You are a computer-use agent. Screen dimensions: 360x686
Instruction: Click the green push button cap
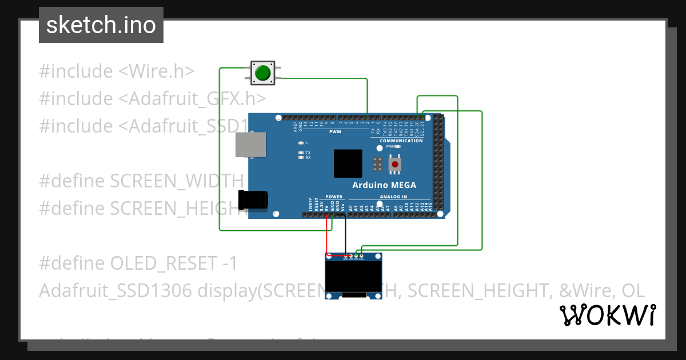[262, 73]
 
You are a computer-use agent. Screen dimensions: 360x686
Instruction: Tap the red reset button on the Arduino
[394, 165]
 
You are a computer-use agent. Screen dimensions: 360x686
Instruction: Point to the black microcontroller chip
[348, 163]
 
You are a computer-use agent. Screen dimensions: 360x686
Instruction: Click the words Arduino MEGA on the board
[384, 185]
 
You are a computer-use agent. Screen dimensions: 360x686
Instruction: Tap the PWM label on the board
[334, 132]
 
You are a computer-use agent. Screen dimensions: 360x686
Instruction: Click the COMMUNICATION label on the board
[401, 141]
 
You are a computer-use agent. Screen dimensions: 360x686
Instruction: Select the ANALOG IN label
[393, 197]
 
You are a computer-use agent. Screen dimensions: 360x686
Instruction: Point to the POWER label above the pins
[334, 197]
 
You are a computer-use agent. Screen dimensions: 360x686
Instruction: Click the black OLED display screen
[354, 277]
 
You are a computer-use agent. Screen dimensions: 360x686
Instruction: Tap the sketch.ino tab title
[101, 25]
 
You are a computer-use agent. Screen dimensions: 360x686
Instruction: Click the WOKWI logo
[608, 315]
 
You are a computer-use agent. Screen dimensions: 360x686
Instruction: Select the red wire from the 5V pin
[328, 235]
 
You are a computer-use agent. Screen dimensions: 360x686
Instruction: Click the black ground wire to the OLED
[345, 235]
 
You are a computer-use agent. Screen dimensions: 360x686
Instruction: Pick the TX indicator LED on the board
[301, 153]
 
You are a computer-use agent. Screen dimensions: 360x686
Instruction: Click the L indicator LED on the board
[301, 142]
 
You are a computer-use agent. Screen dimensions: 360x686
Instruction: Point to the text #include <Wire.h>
[117, 71]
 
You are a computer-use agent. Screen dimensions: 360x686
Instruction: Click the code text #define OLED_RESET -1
[138, 263]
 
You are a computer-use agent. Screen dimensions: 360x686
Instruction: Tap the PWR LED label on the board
[390, 146]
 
